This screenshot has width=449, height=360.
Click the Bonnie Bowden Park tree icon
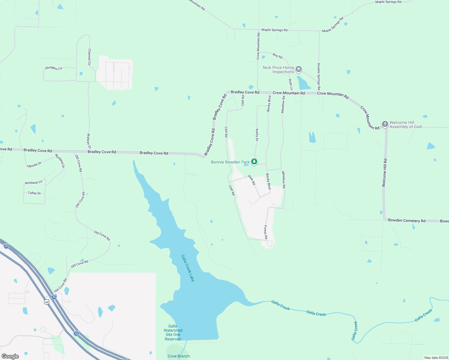pyautogui.click(x=254, y=162)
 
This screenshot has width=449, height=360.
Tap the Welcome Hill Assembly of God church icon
pyautogui.click(x=385, y=124)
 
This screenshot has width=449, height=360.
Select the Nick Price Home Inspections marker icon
pyautogui.click(x=298, y=70)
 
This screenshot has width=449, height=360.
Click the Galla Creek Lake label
pyautogui.click(x=188, y=268)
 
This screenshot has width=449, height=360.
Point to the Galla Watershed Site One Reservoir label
pyautogui.click(x=173, y=332)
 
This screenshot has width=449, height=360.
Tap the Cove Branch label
pyautogui.click(x=179, y=356)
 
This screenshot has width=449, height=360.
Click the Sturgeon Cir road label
pyautogui.click(x=54, y=68)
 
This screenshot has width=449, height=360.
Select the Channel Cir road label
pyautogui.click(x=89, y=57)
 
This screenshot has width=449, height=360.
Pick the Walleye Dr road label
pyautogui.click(x=89, y=141)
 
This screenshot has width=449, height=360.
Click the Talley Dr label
pyautogui.click(x=34, y=193)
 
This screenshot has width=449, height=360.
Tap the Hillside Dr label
pyautogui.click(x=34, y=165)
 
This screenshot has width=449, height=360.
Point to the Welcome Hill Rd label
pyautogui.click(x=384, y=173)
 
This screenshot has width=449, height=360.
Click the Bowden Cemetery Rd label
pyautogui.click(x=407, y=220)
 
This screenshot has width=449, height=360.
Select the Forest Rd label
pyautogui.click(x=266, y=232)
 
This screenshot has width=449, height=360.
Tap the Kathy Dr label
pyautogui.click(x=257, y=135)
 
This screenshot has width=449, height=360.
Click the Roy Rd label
pyautogui.click(x=278, y=55)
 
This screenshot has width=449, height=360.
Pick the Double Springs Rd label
pyautogui.click(x=319, y=76)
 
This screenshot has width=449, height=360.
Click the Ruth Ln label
pyautogui.click(x=291, y=85)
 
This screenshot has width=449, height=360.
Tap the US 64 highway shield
pyautogui.click(x=47, y=302)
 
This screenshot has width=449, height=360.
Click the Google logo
pyautogui.click(x=10, y=356)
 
